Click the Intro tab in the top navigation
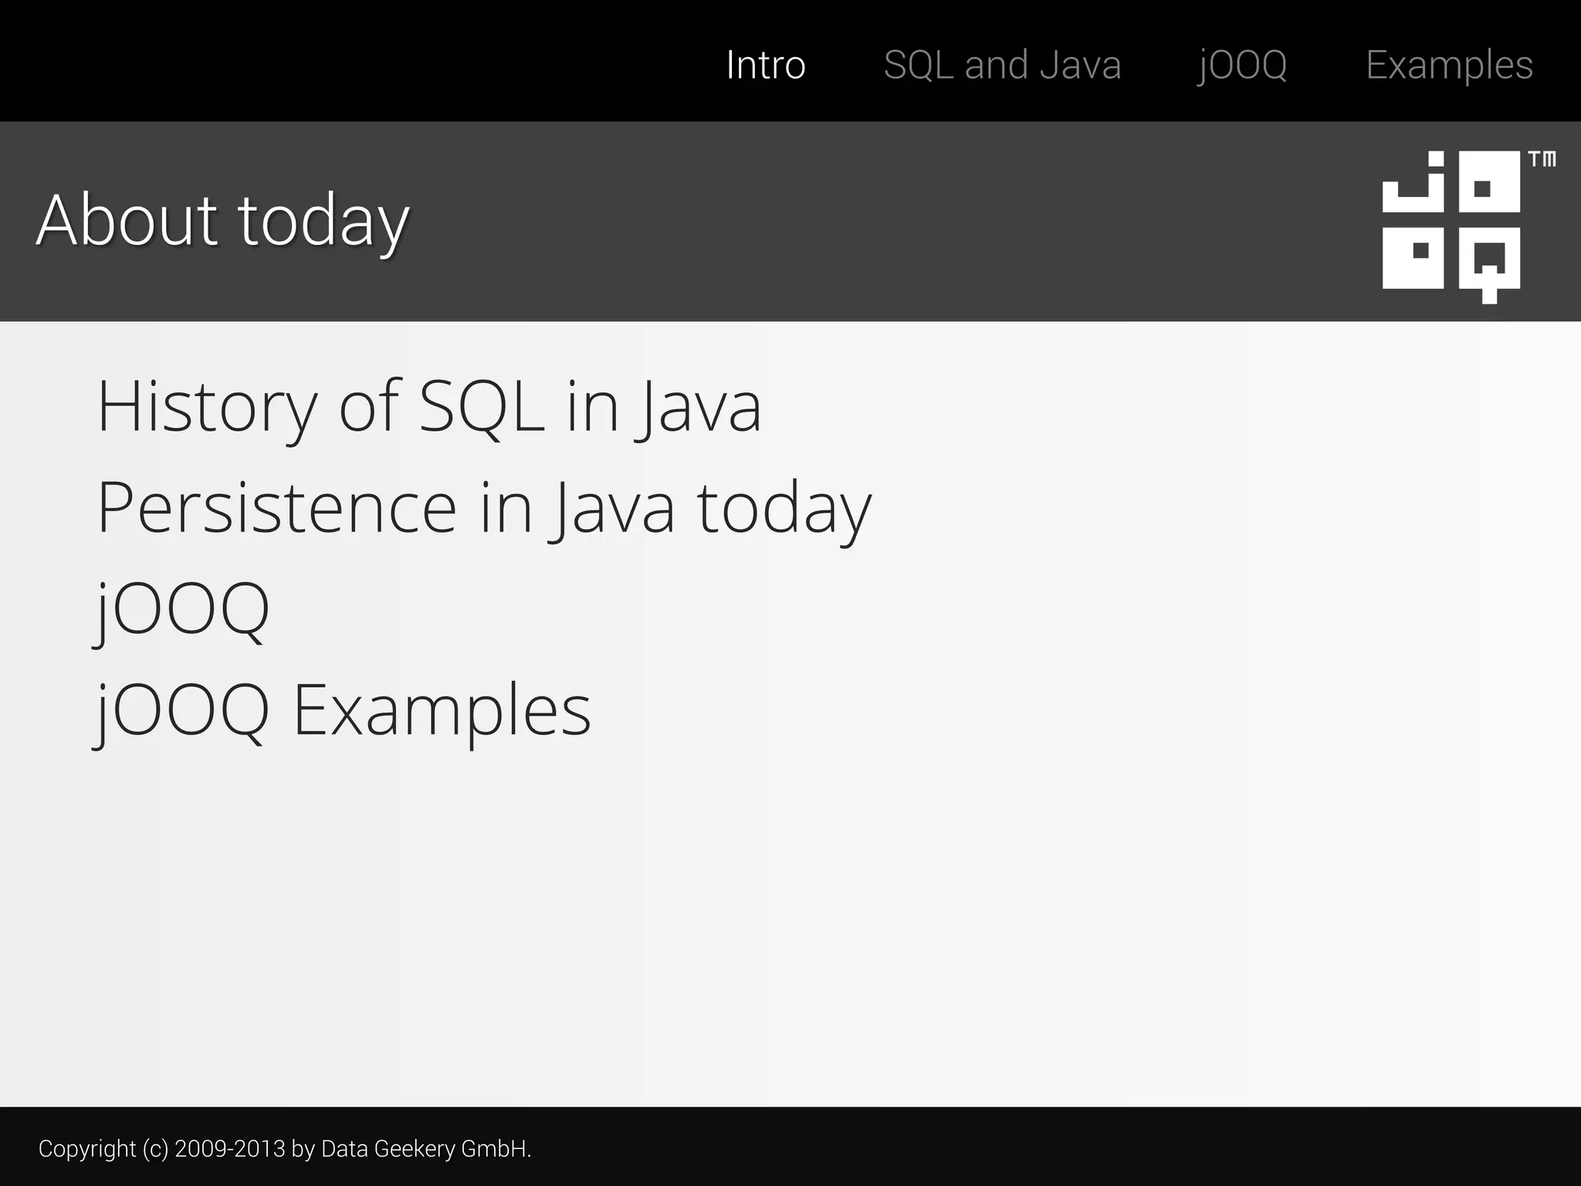coord(766,65)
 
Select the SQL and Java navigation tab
coord(1002,65)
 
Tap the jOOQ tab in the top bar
coord(1242,65)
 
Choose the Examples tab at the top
coord(1449,65)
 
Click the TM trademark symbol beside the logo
coord(1542,160)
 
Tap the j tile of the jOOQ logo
coord(1413,181)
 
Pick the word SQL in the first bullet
coord(482,406)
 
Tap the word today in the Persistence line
coord(784,510)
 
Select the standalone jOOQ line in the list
coord(182,610)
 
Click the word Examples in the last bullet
coord(442,711)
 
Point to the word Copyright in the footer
coord(86,1149)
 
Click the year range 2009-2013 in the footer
coord(230,1149)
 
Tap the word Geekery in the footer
coord(415,1149)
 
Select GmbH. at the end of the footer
coord(496,1149)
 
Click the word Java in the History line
coord(699,408)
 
